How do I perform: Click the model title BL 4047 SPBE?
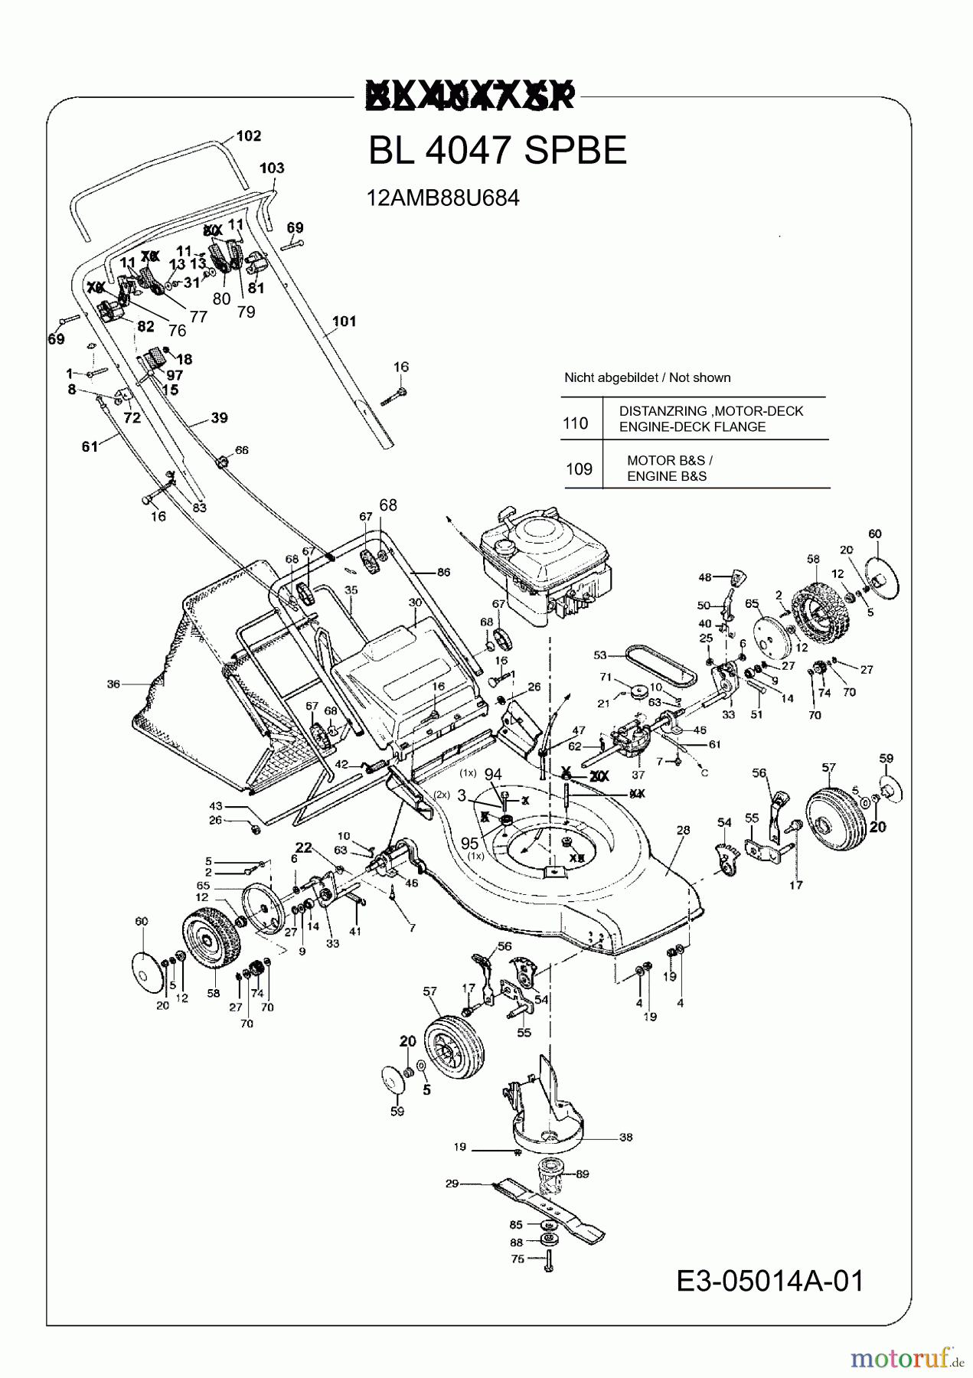click(497, 151)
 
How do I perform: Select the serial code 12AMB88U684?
click(442, 198)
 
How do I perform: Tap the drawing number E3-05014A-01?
click(770, 1280)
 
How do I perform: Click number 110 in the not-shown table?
click(576, 423)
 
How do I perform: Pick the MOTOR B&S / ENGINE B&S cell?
click(669, 469)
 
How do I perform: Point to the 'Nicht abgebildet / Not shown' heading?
click(647, 377)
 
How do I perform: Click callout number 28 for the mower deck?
click(683, 830)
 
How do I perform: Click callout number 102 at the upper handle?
click(249, 136)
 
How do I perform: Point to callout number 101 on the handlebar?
click(344, 322)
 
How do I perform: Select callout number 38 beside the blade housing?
click(625, 1138)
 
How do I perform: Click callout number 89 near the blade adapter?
click(582, 1174)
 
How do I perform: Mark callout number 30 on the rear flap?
click(415, 602)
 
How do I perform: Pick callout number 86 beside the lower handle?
click(443, 572)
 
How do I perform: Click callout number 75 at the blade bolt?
click(518, 1259)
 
